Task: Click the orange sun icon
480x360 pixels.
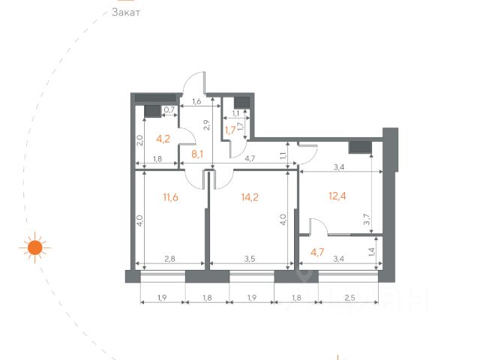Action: pos(35,247)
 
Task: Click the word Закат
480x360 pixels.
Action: pos(126,13)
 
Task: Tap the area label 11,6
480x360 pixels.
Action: pos(170,197)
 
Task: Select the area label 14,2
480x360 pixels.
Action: pos(250,197)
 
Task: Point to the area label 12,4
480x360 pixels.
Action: pos(337,196)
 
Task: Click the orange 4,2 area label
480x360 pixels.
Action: pos(163,139)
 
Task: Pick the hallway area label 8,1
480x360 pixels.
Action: pos(197,154)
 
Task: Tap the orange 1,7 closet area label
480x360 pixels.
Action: pos(230,130)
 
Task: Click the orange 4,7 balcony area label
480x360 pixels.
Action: pos(317,253)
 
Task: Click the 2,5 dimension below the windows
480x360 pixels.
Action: pos(349,298)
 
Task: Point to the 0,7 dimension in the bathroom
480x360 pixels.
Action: pos(169,109)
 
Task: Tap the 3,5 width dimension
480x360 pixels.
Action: pos(250,259)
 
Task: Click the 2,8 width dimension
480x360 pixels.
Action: pos(170,259)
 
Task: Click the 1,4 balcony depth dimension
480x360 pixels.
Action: pos(372,252)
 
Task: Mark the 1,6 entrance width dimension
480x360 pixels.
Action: pos(196,101)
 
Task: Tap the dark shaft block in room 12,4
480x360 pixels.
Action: pos(360,148)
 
